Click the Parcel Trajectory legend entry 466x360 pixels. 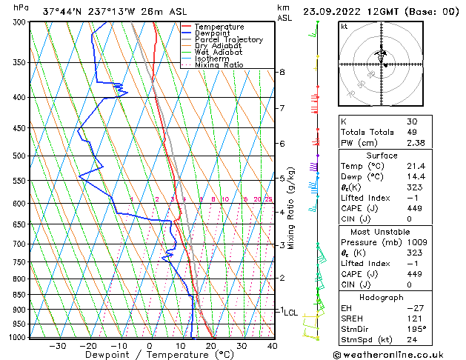pyautogui.click(x=228, y=40)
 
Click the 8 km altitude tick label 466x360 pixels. pyautogui.click(x=282, y=72)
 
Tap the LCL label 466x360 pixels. pyautogui.click(x=290, y=313)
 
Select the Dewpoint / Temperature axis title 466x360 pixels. pyautogui.click(x=150, y=355)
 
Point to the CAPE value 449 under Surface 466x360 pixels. pyautogui.click(x=413, y=208)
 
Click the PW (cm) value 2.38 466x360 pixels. pyautogui.click(x=416, y=144)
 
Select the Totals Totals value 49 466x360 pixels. pyautogui.click(x=412, y=133)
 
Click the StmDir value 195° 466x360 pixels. pyautogui.click(x=416, y=330)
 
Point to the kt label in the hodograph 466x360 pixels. pyautogui.click(x=344, y=26)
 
